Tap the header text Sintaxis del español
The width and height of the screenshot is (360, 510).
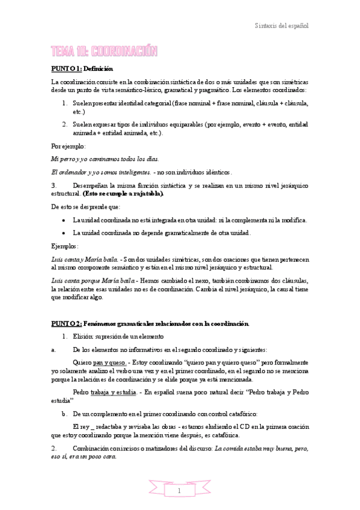coord(281,26)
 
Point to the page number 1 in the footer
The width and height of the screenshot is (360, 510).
coord(179,491)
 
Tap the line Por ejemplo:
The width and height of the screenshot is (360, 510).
coord(69,146)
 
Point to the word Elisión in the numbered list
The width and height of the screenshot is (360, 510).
coord(84,336)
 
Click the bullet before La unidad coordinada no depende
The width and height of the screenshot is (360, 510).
coord(64,232)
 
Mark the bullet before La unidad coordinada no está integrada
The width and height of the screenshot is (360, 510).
coord(64,220)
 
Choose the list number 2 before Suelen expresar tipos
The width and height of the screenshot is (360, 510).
coord(64,124)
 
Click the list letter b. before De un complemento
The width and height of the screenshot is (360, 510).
coord(64,414)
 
